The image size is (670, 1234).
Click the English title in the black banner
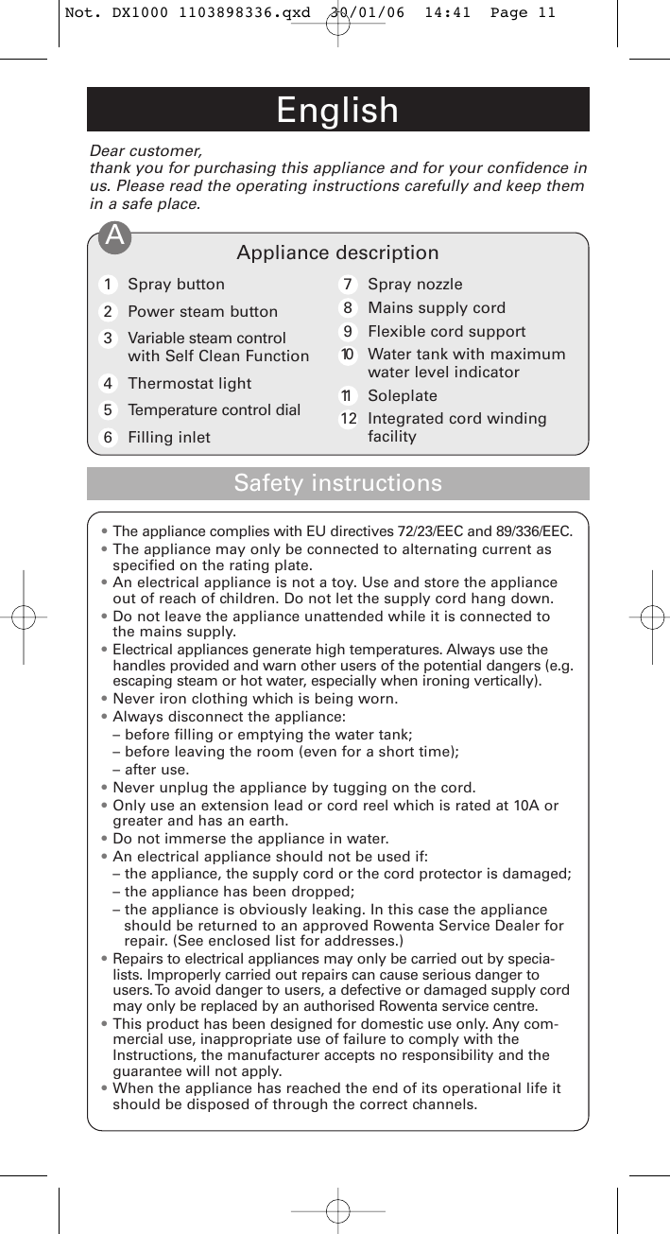click(337, 111)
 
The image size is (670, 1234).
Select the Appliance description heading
click(337, 252)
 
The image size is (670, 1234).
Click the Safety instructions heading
click(337, 483)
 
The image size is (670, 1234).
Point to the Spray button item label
click(176, 284)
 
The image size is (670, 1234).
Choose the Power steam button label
click(202, 311)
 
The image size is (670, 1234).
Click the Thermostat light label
click(189, 383)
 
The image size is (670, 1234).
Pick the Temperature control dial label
click(214, 409)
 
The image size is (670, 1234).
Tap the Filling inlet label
click(168, 437)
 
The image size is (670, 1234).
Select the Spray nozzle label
click(415, 284)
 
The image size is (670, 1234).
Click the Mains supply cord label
click(436, 307)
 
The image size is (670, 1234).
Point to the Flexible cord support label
click(446, 331)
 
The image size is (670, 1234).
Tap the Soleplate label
click(402, 395)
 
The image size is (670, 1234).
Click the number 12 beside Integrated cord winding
click(349, 419)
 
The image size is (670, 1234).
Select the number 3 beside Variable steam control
click(109, 339)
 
